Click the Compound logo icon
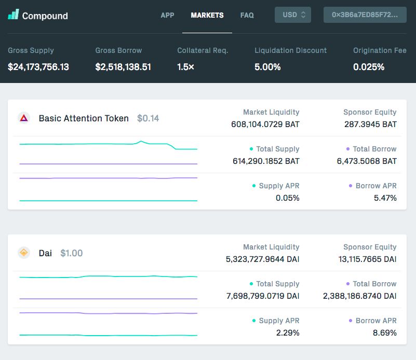click(14, 15)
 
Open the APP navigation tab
click(167, 15)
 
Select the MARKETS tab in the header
click(207, 15)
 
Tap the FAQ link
click(247, 15)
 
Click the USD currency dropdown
click(292, 15)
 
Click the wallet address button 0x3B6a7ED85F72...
click(365, 15)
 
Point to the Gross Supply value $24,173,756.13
click(38, 67)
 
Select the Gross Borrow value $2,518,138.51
click(123, 67)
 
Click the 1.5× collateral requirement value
click(186, 67)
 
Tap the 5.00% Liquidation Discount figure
click(267, 67)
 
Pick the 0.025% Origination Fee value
click(369, 67)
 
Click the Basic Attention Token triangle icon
click(24, 118)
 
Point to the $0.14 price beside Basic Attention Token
click(148, 118)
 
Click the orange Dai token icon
click(24, 253)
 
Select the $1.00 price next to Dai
click(71, 253)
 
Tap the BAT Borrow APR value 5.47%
click(385, 198)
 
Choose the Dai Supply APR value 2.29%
click(288, 333)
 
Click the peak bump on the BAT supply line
click(141, 142)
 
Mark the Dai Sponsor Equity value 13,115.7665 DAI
click(368, 259)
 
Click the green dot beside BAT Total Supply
click(251, 149)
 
